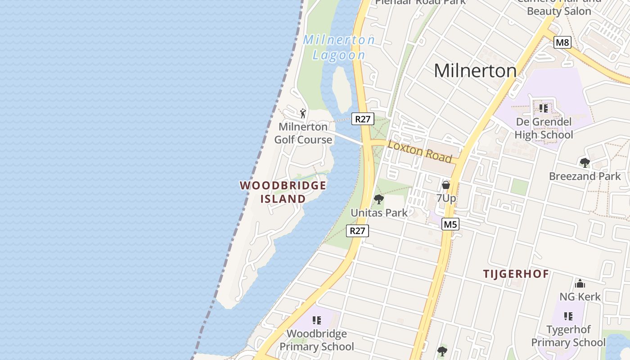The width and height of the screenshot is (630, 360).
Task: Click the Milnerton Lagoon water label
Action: (339, 47)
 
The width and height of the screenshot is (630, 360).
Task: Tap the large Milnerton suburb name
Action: (475, 71)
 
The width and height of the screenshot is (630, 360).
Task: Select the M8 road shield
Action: (562, 43)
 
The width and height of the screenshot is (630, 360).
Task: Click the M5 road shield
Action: (450, 224)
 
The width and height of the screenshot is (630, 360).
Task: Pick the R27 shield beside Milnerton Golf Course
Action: (363, 119)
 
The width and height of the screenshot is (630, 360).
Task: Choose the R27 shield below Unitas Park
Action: (357, 231)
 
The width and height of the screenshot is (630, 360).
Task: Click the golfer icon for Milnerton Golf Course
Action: (303, 113)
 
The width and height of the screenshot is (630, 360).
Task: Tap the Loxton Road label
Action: (419, 152)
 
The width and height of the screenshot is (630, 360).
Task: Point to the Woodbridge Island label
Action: (283, 192)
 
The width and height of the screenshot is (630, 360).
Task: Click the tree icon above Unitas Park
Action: (379, 199)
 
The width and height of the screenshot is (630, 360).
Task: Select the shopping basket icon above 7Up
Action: (445, 184)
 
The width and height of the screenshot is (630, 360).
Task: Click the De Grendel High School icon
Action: (544, 108)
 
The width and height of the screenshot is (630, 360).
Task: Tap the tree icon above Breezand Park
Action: (585, 162)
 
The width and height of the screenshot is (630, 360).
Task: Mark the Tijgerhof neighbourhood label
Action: (516, 274)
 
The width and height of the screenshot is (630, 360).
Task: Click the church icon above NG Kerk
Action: (580, 283)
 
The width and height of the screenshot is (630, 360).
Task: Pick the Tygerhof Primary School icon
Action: (568, 316)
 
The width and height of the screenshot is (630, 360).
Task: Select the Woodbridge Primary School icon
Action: (317, 320)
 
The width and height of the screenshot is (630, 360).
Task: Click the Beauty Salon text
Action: (559, 11)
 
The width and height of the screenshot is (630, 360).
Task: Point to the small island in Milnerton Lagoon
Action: (342, 89)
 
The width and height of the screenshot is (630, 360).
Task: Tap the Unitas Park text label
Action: (379, 213)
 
